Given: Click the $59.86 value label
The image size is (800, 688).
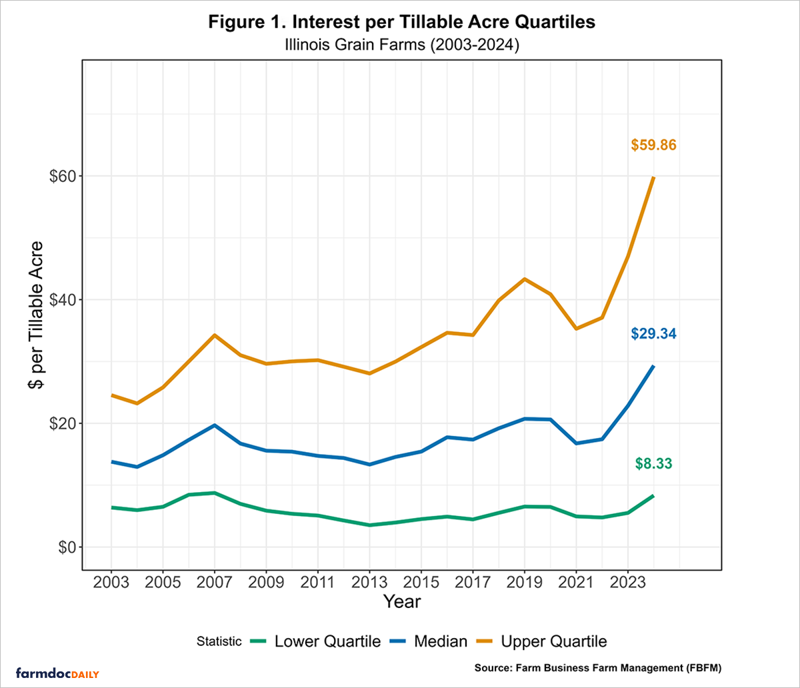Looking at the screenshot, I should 653,145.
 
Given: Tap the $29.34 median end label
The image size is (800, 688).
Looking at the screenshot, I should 653,334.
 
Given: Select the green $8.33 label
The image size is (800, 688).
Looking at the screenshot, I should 653,463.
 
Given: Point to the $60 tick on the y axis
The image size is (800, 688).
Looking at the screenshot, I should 58,176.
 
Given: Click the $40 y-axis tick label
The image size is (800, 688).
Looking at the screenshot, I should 58,300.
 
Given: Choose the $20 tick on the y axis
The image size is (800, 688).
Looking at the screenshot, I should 58,424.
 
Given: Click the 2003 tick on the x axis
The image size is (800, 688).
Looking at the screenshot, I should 111,581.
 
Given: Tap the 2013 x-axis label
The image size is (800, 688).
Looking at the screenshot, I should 369,581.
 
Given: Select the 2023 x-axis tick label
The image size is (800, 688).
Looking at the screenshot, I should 627,581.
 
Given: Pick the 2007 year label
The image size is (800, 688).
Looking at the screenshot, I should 215,581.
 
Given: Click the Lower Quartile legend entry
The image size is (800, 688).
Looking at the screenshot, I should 315,641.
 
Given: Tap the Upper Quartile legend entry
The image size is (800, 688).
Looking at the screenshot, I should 542,641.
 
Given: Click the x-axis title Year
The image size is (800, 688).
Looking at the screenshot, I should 401,601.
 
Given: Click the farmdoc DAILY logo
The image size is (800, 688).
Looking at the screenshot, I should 57,673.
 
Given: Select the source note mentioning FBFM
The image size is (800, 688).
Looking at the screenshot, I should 598,667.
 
